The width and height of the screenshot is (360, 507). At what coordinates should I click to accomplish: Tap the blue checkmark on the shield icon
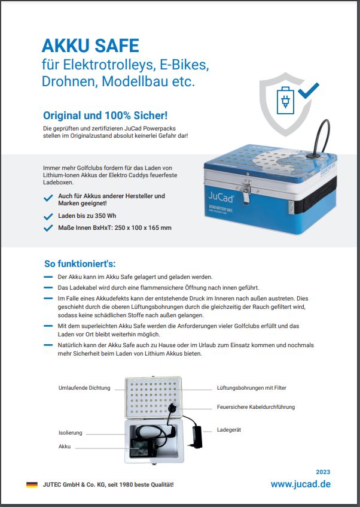click(x=309, y=91)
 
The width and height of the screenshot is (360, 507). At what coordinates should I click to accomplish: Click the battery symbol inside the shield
click(x=285, y=101)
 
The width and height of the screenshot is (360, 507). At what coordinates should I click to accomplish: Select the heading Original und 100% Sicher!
click(x=105, y=115)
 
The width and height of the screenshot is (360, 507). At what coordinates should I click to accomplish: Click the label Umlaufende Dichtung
click(x=84, y=388)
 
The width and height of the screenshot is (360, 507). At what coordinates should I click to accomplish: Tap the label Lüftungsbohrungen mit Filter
click(x=251, y=388)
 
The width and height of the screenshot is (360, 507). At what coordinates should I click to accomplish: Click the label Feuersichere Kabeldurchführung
click(x=255, y=407)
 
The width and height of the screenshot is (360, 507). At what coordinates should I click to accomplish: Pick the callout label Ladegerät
click(x=229, y=430)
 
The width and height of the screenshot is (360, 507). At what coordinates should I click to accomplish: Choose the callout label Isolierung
click(x=71, y=432)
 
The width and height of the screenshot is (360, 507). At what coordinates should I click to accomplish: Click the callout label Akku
click(x=65, y=447)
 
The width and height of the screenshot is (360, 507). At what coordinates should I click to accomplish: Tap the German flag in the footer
click(x=32, y=484)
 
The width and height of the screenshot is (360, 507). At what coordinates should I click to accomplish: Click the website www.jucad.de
click(x=300, y=484)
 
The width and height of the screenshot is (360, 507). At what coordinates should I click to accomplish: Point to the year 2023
click(x=322, y=472)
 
